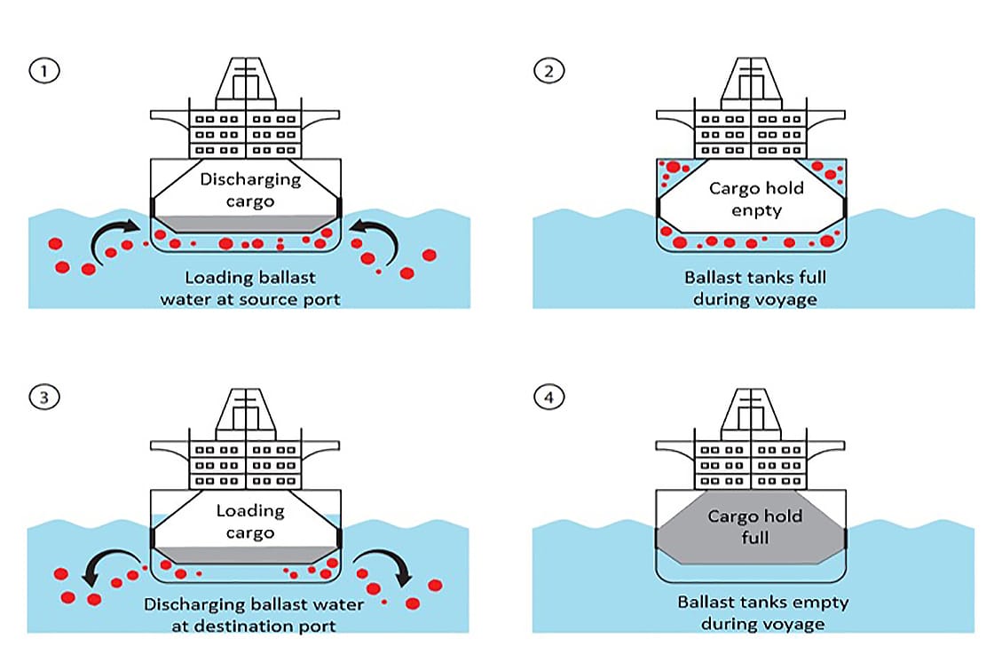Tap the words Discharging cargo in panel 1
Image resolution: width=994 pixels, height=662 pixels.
250,190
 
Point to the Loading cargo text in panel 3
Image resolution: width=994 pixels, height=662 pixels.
250,521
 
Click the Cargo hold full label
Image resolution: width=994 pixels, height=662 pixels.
754,527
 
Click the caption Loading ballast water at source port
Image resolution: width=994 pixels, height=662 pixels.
250,289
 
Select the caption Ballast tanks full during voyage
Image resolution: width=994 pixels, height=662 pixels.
754,289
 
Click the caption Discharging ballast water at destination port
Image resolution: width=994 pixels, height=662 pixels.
254,615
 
